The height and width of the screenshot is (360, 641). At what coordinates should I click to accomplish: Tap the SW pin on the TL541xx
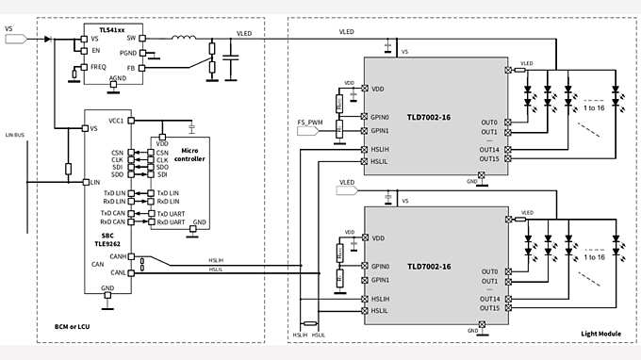tap(132, 39)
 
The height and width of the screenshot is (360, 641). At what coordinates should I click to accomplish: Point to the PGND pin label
tap(127, 53)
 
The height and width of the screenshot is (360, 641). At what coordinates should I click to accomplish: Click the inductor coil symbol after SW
tap(184, 39)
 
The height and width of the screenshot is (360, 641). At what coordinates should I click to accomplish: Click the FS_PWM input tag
tap(310, 122)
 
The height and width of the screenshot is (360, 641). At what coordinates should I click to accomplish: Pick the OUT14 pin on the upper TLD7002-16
tap(489, 149)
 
